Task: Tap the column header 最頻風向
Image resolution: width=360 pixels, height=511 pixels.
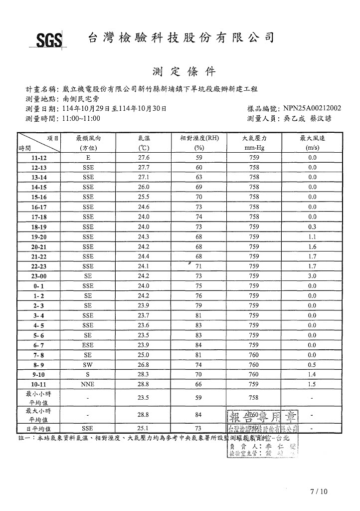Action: (88, 138)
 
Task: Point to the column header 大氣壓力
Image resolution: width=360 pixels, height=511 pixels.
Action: (254, 138)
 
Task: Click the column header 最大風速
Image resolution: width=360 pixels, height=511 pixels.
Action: (312, 138)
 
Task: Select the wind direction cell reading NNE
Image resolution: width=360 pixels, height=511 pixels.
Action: (88, 385)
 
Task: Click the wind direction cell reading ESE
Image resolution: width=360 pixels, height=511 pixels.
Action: (88, 345)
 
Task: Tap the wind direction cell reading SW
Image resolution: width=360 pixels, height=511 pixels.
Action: (88, 365)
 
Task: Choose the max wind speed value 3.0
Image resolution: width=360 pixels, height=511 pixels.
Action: (312, 276)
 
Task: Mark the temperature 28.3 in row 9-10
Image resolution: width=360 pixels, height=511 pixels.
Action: (144, 375)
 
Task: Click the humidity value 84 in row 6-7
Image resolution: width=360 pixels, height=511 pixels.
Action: (199, 345)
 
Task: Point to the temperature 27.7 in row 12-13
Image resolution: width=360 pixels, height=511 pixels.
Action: (144, 168)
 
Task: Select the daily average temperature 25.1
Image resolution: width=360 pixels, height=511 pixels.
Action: (144, 429)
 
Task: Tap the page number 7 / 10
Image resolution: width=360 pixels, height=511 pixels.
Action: (319, 492)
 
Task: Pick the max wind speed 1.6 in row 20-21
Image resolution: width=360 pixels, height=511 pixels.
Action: (312, 247)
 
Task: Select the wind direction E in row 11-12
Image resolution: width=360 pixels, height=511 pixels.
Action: (88, 158)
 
